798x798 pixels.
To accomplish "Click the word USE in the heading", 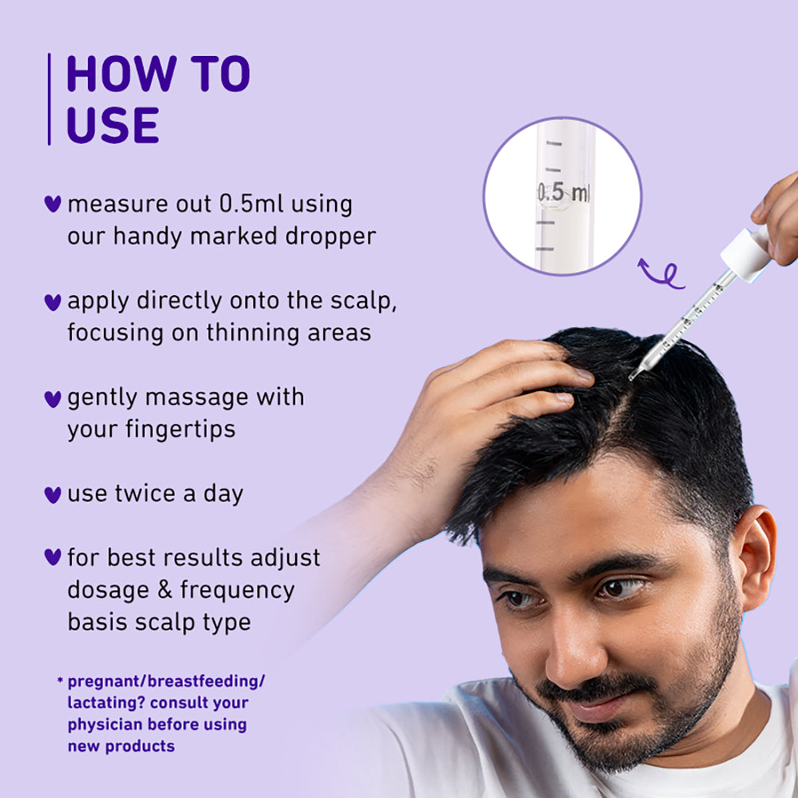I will click(x=112, y=125).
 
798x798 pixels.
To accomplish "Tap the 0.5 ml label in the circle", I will click(x=563, y=193).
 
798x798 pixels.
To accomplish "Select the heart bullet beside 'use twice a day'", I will click(x=52, y=495).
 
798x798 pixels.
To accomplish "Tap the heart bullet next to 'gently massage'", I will click(x=52, y=398).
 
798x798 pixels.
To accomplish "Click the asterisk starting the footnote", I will click(x=60, y=680).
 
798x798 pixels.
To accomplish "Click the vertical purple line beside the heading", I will click(x=49, y=99).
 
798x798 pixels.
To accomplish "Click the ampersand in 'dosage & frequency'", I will click(x=165, y=590).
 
